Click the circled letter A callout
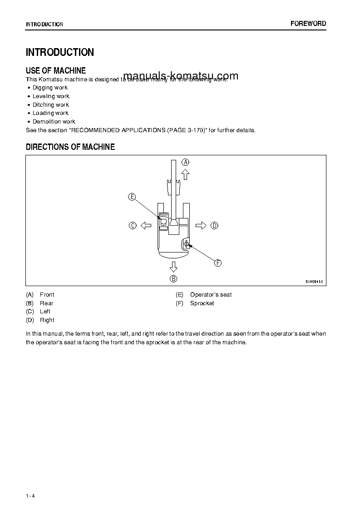[186, 162]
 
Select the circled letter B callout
[173, 279]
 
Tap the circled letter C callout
[133, 225]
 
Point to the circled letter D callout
[214, 225]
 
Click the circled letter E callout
[132, 197]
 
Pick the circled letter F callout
[217, 263]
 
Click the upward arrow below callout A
[185, 174]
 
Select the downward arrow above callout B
[173, 267]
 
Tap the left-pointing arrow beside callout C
[145, 225]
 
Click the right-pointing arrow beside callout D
[201, 225]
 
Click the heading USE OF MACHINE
[56, 70]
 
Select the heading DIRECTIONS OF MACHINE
[70, 147]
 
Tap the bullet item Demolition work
[54, 122]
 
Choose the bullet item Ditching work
[50, 105]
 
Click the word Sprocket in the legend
[202, 303]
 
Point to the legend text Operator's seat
[211, 295]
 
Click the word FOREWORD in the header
[308, 24]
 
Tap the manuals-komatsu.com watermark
[181, 76]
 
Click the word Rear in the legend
[46, 303]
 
